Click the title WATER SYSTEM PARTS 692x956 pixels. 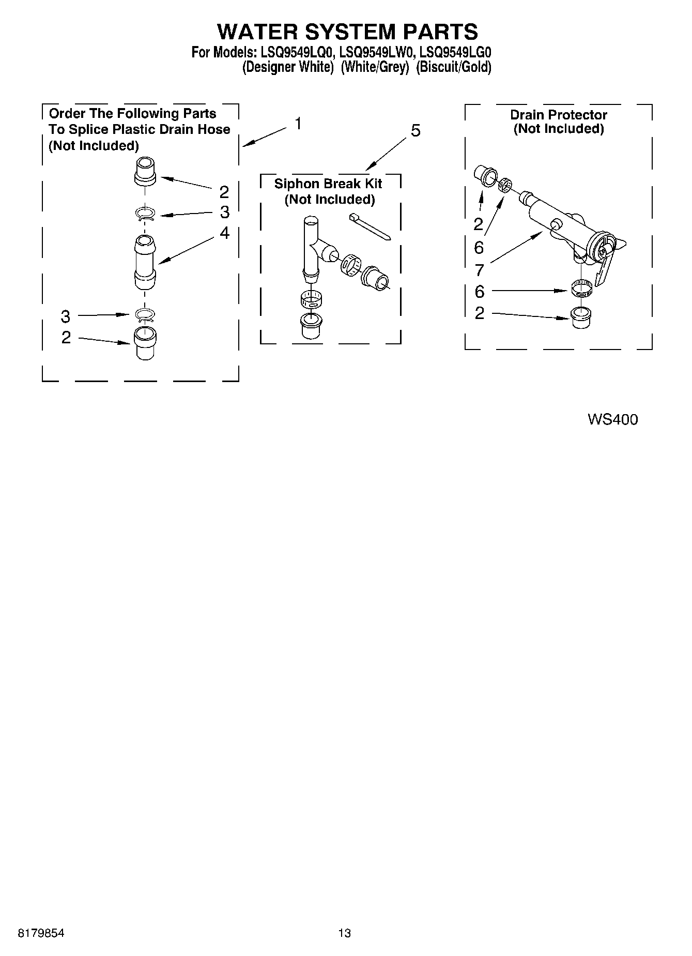click(x=347, y=32)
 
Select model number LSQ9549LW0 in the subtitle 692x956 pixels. click(x=377, y=52)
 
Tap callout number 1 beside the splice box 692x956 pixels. click(x=298, y=124)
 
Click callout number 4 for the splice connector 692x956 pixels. click(x=224, y=233)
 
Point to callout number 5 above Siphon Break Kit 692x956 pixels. click(x=416, y=131)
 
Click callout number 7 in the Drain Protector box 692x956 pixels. click(x=479, y=270)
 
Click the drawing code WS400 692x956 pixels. click(x=612, y=419)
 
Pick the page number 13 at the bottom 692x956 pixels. click(x=344, y=933)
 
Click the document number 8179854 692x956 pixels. click(x=41, y=933)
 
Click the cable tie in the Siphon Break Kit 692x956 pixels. click(x=370, y=226)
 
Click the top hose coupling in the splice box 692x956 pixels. click(x=145, y=171)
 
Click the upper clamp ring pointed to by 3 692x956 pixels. click(x=145, y=213)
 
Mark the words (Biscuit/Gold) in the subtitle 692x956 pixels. click(x=453, y=67)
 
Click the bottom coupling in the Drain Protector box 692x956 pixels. click(x=582, y=316)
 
